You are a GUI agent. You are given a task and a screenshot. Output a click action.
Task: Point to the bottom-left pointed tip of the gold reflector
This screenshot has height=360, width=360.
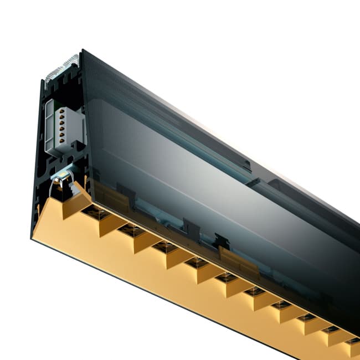pyautogui.click(x=32, y=237)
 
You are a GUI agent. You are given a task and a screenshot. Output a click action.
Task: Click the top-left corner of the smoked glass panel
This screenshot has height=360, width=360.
pyautogui.click(x=81, y=51)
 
